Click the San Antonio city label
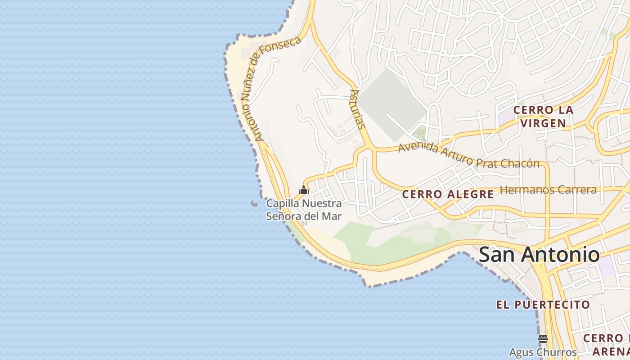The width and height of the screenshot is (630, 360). pyautogui.click(x=539, y=255)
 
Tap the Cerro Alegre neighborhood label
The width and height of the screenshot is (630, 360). pyautogui.click(x=447, y=194)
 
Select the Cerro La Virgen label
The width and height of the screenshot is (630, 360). pyautogui.click(x=543, y=117)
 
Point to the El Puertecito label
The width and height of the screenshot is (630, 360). pyautogui.click(x=543, y=305)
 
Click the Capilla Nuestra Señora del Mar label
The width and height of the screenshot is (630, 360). pyautogui.click(x=304, y=210)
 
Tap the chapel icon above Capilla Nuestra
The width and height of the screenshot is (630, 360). pyautogui.click(x=304, y=190)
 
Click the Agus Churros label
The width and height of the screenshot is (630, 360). pyautogui.click(x=543, y=352)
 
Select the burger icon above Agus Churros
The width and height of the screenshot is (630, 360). pyautogui.click(x=543, y=338)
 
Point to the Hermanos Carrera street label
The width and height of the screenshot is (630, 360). pyautogui.click(x=548, y=189)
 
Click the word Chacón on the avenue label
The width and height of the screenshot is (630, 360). pyautogui.click(x=522, y=163)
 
